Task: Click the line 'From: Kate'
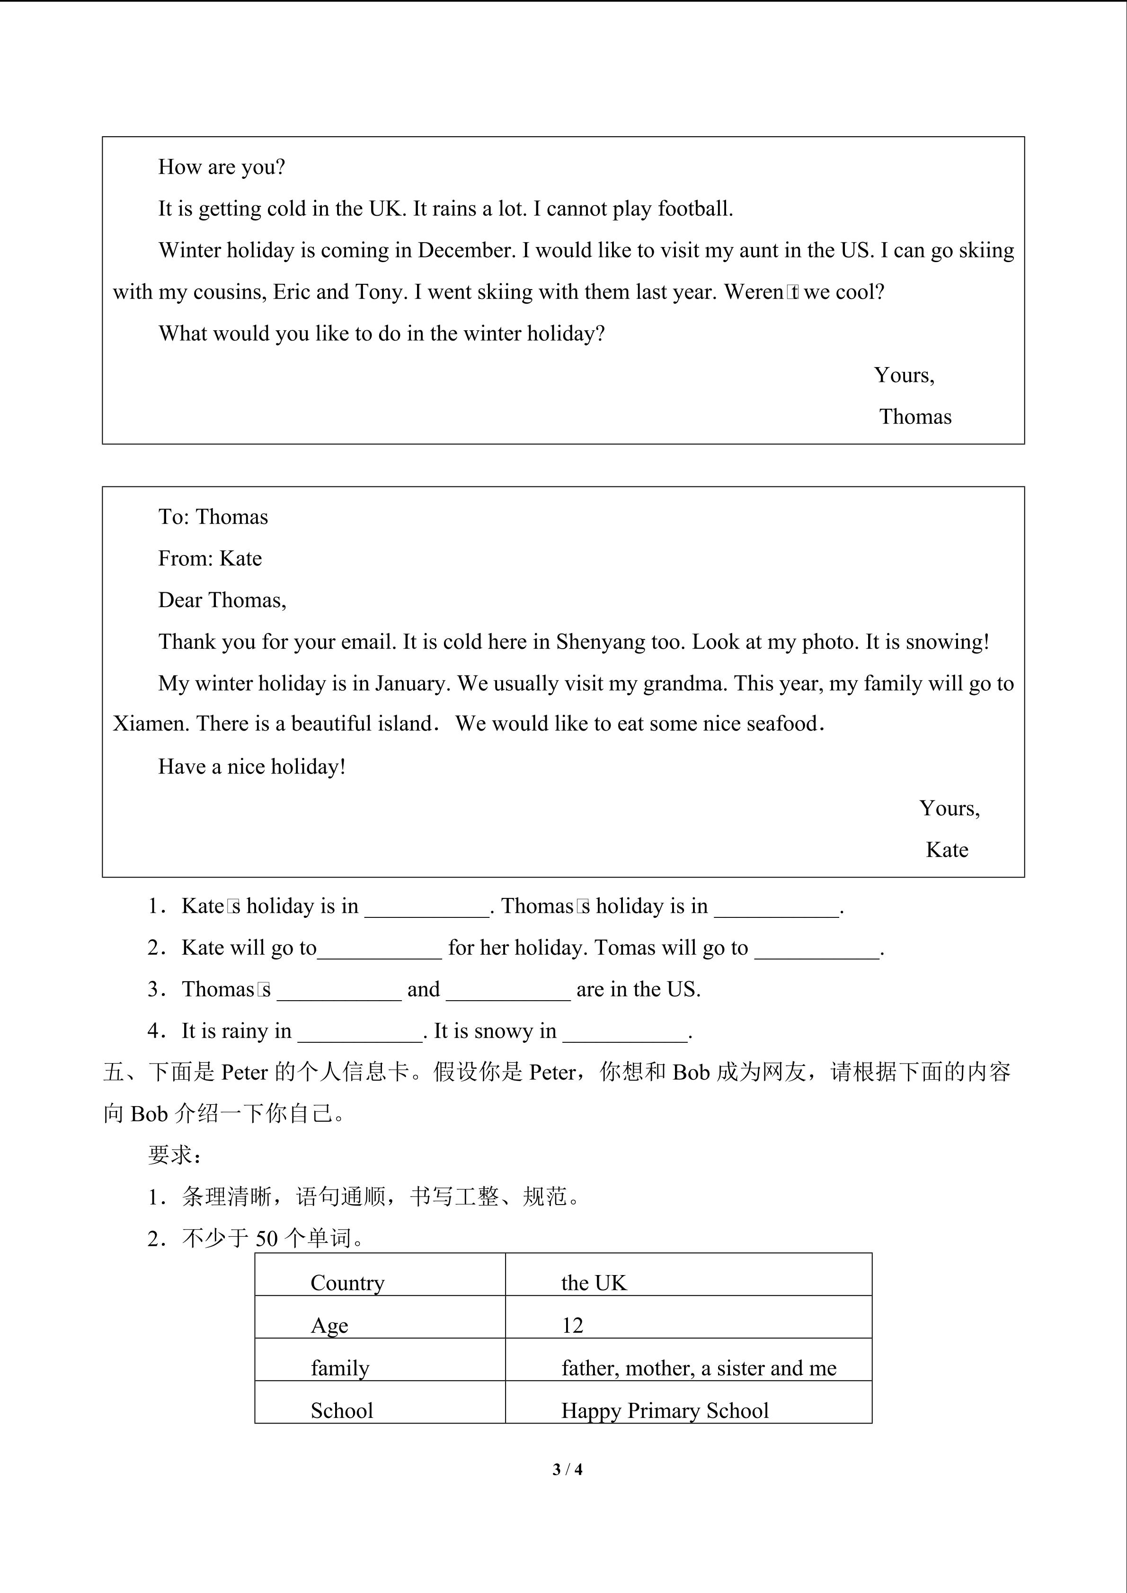[x=210, y=559]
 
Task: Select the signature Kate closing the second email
[x=947, y=850]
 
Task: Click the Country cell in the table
[x=347, y=1283]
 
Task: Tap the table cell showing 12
[x=573, y=1325]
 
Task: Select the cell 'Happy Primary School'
[x=665, y=1410]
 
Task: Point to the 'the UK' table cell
[x=594, y=1283]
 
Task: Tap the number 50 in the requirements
[x=266, y=1239]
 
